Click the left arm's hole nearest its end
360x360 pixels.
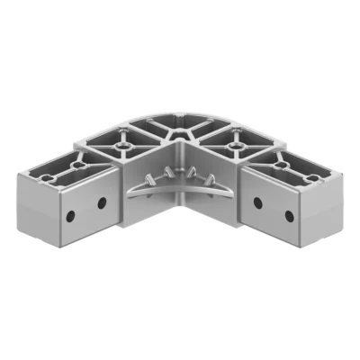[x=69, y=216]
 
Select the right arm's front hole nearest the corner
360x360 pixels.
[x=258, y=202]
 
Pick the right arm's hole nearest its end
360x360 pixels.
[x=289, y=216]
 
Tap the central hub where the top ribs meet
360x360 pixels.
[x=179, y=132]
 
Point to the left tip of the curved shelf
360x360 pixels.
[x=127, y=190]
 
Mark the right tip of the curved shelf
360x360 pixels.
[x=233, y=190]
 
